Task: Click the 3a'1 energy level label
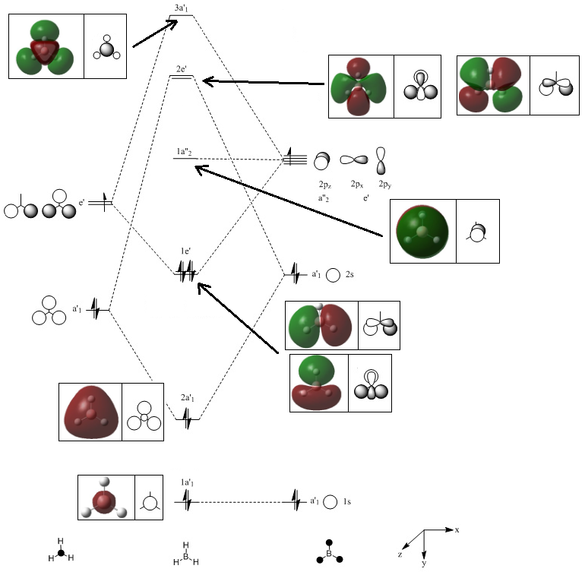[182, 8]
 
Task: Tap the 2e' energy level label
[182, 69]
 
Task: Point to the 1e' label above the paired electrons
[185, 251]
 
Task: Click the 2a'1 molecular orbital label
[188, 398]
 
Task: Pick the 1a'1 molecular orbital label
[188, 483]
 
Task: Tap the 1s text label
[346, 502]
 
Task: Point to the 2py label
[385, 185]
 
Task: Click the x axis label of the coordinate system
[457, 529]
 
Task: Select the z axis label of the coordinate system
[400, 555]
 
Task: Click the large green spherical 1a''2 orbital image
[423, 232]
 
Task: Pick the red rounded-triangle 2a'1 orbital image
[90, 412]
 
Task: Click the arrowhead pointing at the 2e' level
[206, 81]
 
